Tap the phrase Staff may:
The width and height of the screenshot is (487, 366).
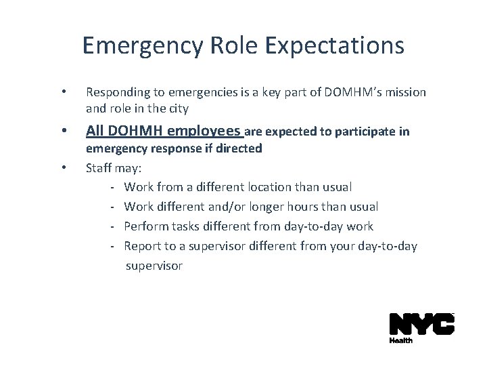pos(112,167)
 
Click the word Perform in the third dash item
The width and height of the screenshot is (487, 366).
pos(145,226)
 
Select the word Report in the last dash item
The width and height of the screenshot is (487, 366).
pos(142,245)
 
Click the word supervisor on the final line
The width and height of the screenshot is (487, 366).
pos(154,266)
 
